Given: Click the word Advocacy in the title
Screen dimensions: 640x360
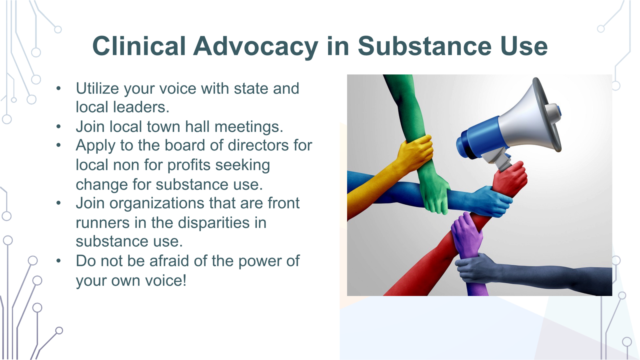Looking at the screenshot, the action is pyautogui.click(x=256, y=46).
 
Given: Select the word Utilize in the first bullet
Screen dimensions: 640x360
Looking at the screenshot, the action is pyautogui.click(x=97, y=88).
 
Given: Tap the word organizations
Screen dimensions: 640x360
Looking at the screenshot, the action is pyautogui.click(x=156, y=204).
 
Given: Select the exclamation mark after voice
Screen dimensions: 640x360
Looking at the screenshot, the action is pyautogui.click(x=184, y=280).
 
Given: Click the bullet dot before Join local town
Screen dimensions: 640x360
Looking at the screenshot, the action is pyautogui.click(x=58, y=126).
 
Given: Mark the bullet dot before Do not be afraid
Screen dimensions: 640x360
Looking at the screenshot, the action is pyautogui.click(x=58, y=260).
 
